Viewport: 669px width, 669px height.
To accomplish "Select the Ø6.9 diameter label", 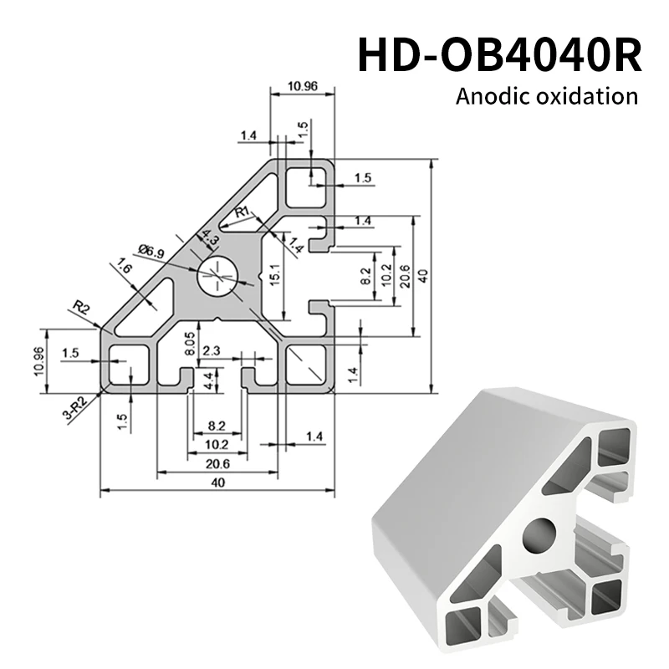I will pyautogui.click(x=151, y=249).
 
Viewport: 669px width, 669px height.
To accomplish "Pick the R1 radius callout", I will pyautogui.click(x=243, y=212).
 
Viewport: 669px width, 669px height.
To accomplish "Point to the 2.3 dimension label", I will pyautogui.click(x=212, y=352).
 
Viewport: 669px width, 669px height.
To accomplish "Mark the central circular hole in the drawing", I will pyautogui.click(x=217, y=273).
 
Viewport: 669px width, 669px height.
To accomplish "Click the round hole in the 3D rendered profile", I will pyautogui.click(x=539, y=535).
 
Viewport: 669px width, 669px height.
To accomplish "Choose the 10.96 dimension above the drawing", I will pyautogui.click(x=302, y=85).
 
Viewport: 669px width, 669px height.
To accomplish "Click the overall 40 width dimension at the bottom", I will pyautogui.click(x=217, y=483).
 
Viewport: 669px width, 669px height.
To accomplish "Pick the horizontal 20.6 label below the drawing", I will pyautogui.click(x=217, y=463).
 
